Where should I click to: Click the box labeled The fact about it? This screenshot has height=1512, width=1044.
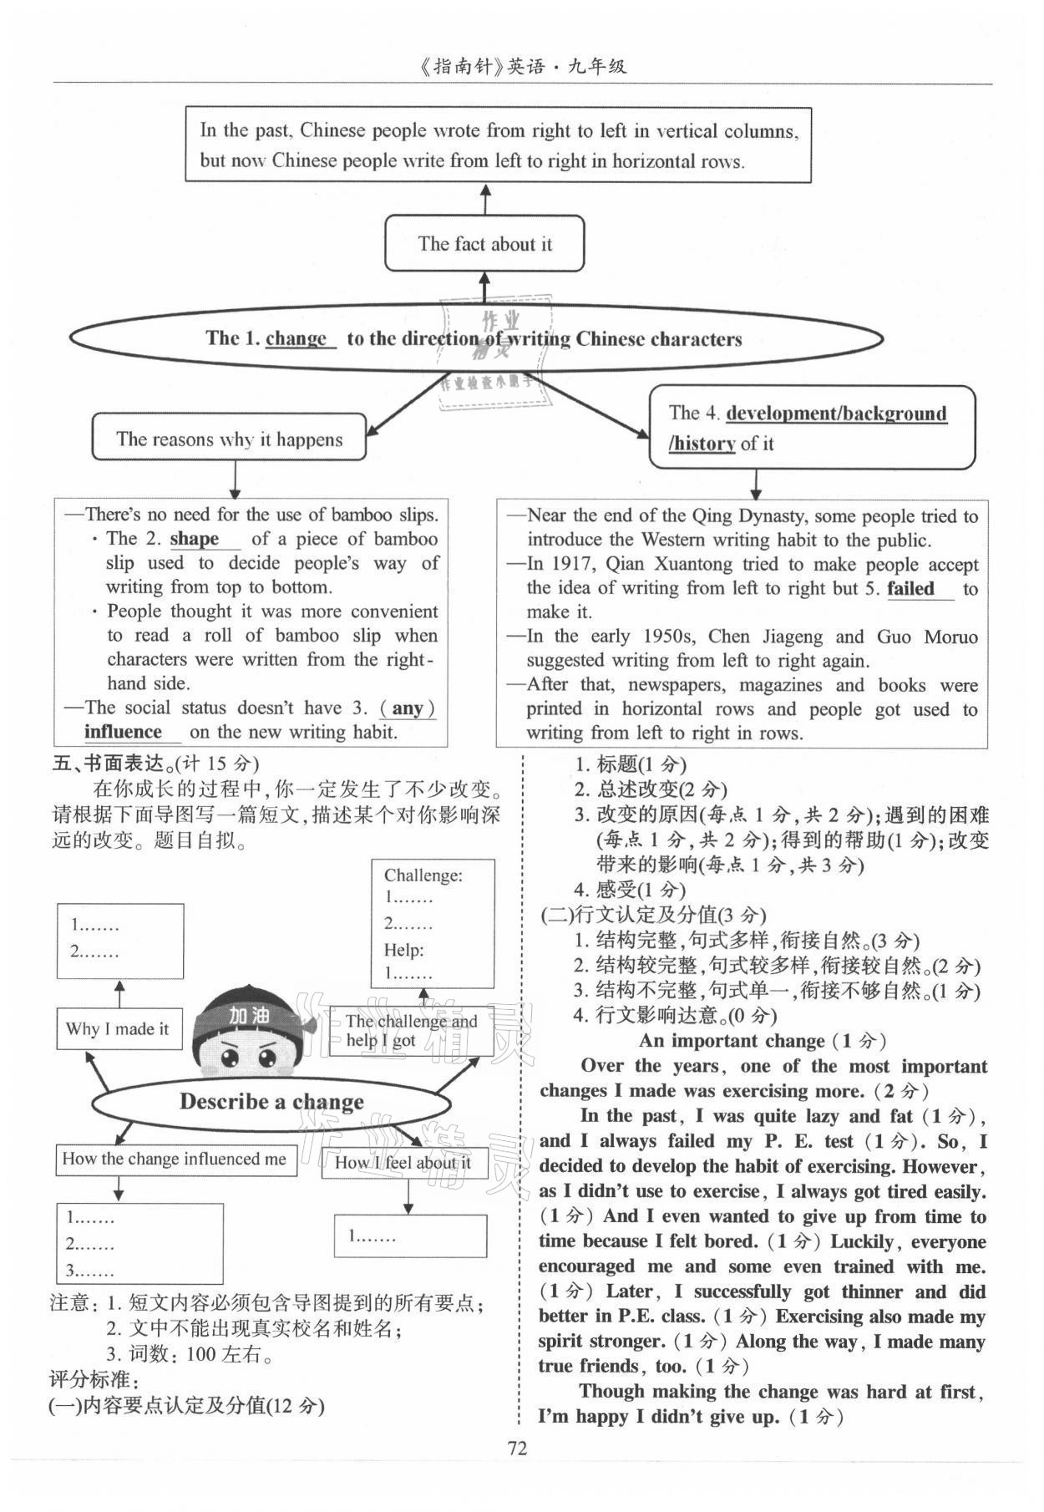tap(484, 244)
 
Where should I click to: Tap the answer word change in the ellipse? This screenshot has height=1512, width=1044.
tap(296, 338)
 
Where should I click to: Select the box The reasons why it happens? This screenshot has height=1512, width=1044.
tap(229, 439)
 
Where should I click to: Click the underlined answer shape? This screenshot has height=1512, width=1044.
tap(195, 539)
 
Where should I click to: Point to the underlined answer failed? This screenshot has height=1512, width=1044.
tap(910, 589)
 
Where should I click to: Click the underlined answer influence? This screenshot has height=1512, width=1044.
tap(123, 732)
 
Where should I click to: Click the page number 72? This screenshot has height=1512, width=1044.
tap(518, 1448)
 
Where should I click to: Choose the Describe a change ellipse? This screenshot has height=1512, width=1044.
tap(271, 1102)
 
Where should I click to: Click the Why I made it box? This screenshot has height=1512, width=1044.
tap(118, 1029)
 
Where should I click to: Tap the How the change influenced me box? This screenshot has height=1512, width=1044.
tap(175, 1159)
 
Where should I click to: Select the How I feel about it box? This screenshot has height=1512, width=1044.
tap(403, 1162)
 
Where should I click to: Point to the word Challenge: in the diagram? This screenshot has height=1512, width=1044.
tap(423, 875)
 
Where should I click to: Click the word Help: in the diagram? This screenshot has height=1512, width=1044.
tap(403, 950)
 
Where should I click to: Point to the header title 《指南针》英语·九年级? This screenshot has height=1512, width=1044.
tap(522, 67)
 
